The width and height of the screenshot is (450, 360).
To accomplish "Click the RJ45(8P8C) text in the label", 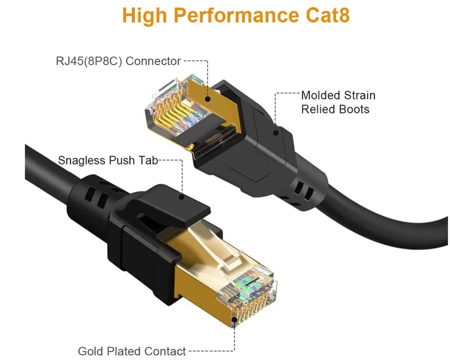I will [x=89, y=61].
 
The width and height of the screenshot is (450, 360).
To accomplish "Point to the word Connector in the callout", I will [x=153, y=61].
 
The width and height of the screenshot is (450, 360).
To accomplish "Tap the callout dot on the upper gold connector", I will [x=208, y=99].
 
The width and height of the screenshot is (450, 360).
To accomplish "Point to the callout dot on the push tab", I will [x=182, y=197].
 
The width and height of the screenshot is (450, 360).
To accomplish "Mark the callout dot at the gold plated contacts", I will [x=234, y=319].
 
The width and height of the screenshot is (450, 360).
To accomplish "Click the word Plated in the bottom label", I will [x=124, y=351].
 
